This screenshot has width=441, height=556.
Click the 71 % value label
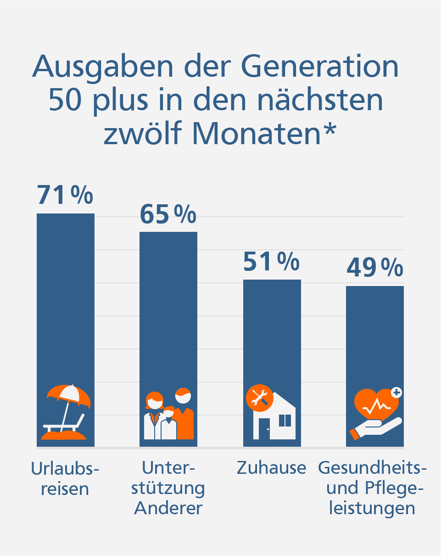coord(65,195)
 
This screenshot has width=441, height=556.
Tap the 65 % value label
coord(168,214)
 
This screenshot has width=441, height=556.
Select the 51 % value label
coord(271,262)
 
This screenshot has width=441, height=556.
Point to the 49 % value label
coord(374,268)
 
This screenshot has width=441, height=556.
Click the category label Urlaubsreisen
coord(65,478)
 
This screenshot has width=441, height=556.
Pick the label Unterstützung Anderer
coord(168,488)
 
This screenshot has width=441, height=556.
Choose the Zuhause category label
coord(271,468)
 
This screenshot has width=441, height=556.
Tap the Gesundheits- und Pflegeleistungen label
coord(372,488)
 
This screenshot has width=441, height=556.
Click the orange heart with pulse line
coord(376,404)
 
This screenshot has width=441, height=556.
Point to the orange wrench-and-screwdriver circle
coord(259,398)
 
